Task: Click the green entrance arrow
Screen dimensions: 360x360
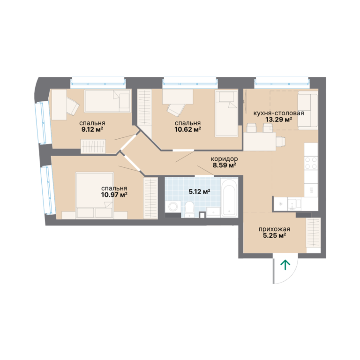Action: [x=285, y=265]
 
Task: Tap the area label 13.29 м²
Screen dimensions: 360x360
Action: [x=279, y=120]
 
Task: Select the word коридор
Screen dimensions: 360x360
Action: [x=225, y=159]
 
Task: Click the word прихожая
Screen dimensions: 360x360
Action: [x=274, y=229]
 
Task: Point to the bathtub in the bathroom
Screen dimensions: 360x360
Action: [x=229, y=198]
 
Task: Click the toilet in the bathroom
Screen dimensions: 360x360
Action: [x=190, y=209]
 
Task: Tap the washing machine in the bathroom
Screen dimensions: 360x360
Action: [x=173, y=207]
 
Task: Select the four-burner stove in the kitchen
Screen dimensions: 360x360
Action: [x=311, y=163]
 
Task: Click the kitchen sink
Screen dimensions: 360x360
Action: [x=294, y=204]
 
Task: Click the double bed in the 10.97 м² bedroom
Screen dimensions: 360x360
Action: [x=94, y=195]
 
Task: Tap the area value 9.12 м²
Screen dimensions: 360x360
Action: [x=92, y=129]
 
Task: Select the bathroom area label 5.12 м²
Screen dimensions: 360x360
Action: [x=200, y=191]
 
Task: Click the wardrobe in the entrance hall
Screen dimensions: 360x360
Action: [x=314, y=232]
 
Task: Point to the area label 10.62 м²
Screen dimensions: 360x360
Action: [x=188, y=129]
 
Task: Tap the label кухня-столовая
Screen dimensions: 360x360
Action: [x=279, y=113]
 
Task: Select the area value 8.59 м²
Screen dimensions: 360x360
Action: [x=225, y=165]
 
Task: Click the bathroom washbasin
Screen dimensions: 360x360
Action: [x=213, y=212]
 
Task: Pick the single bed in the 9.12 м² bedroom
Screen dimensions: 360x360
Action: [x=107, y=101]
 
